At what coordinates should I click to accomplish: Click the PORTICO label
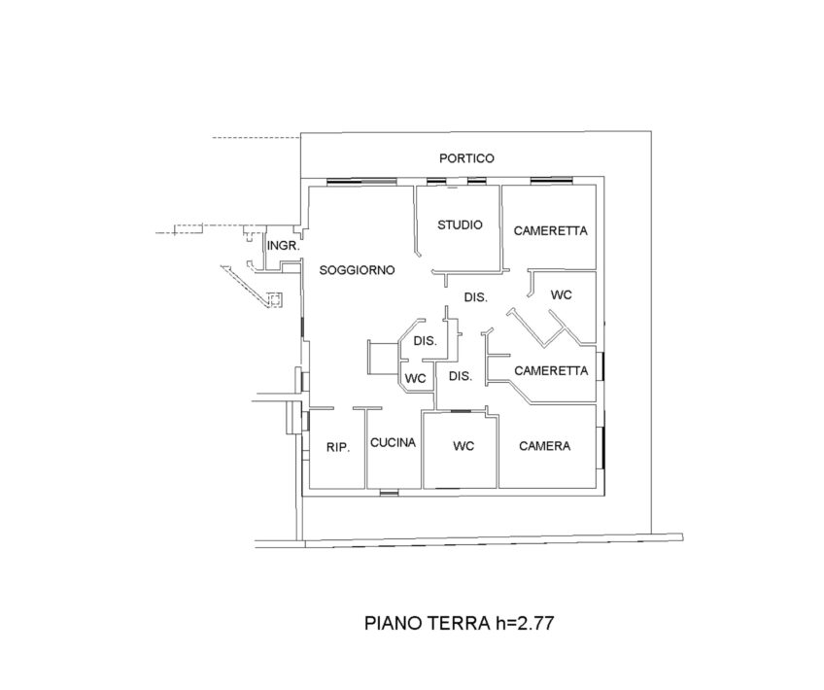466,158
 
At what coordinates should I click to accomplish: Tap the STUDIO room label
460,224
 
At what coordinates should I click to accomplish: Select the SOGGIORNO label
357,270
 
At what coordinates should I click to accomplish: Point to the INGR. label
284,246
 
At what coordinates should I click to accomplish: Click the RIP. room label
338,447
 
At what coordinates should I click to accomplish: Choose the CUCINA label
394,443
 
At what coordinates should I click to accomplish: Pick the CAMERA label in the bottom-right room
544,446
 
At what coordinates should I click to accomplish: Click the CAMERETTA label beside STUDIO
550,230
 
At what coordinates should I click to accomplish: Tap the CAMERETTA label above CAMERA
551,371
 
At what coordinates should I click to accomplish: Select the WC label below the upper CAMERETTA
562,294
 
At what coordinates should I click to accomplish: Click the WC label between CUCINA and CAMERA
463,446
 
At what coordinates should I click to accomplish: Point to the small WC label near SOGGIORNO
415,378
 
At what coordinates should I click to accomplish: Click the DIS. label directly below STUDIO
475,297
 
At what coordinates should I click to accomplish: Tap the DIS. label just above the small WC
426,341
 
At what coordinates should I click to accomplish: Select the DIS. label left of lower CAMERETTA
461,376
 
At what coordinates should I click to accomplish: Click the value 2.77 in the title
535,623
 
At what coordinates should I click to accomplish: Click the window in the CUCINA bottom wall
389,493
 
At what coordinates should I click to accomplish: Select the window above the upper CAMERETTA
551,182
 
